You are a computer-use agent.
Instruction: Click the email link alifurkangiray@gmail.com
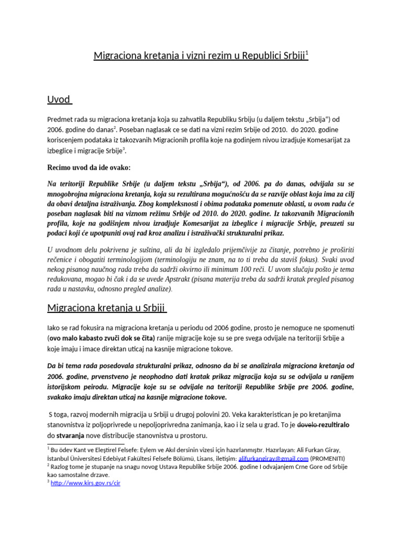(x=273, y=458)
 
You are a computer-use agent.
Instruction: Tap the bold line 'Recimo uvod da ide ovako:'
(x=89, y=167)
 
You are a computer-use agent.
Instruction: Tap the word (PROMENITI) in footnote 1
(x=328, y=458)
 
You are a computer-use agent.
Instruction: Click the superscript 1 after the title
(x=307, y=53)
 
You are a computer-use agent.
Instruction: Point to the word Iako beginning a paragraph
(x=55, y=328)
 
